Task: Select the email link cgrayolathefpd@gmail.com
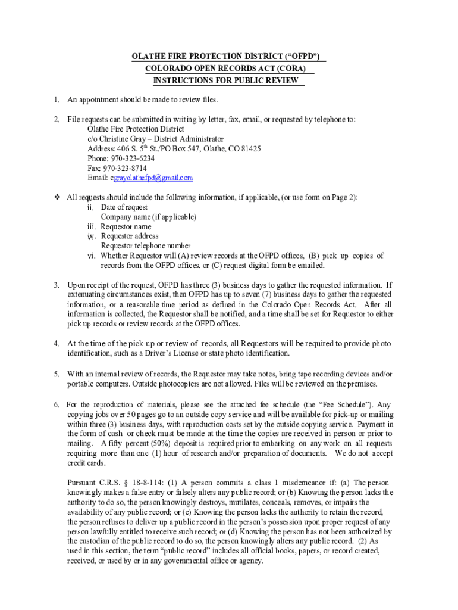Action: tap(152, 178)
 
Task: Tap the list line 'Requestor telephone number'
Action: tap(146, 245)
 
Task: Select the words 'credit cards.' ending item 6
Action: tap(86, 463)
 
